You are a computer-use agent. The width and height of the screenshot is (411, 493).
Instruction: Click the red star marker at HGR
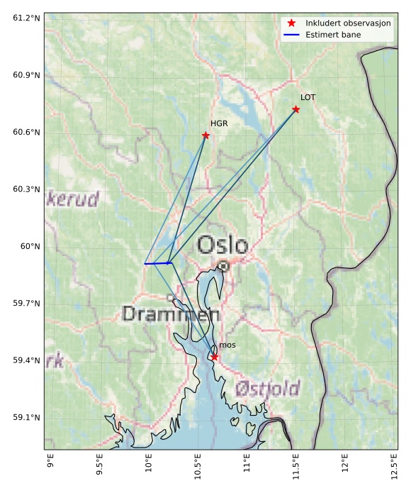205,135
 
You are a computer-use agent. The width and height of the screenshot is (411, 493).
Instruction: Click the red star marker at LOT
296,109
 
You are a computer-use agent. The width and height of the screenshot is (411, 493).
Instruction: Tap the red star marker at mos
214,357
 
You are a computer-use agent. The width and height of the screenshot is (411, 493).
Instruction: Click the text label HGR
219,123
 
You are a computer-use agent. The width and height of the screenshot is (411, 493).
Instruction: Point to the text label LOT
308,97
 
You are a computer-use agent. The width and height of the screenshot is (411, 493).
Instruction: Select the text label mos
227,345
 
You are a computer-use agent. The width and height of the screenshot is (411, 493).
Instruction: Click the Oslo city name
223,245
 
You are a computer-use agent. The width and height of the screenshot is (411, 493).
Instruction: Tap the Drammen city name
170,314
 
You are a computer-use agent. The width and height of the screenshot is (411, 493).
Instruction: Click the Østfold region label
267,389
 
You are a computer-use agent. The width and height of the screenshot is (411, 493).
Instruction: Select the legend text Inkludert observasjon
348,23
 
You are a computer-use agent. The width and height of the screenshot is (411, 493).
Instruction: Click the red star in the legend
291,23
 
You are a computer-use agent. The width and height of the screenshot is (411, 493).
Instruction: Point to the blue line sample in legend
291,35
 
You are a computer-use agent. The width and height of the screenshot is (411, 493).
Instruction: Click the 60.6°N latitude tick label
26,132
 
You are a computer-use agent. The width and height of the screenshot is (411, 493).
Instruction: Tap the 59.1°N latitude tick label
26,417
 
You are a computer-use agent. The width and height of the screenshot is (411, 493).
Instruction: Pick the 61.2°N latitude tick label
26,18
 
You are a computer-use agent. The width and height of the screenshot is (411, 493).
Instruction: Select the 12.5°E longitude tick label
394,470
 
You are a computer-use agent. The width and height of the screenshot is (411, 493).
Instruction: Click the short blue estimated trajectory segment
158,263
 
